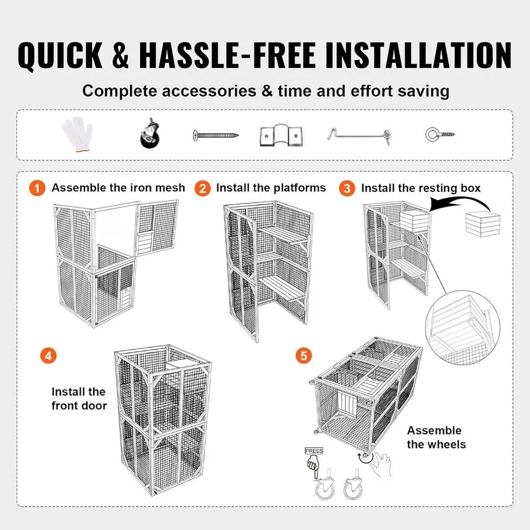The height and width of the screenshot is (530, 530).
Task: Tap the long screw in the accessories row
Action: [x=215, y=136]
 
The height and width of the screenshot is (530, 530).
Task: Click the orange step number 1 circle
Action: [x=37, y=188]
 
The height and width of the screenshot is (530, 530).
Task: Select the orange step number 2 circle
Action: [x=202, y=188]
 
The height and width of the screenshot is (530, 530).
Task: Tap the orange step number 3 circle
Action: [x=347, y=188]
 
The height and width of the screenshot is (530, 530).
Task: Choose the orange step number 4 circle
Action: [x=48, y=356]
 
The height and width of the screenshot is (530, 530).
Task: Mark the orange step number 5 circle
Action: [x=303, y=356]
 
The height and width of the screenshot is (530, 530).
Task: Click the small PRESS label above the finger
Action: [x=314, y=451]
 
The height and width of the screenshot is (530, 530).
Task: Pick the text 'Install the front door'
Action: [x=79, y=399]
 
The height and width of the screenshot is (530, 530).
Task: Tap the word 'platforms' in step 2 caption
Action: [x=299, y=188]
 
